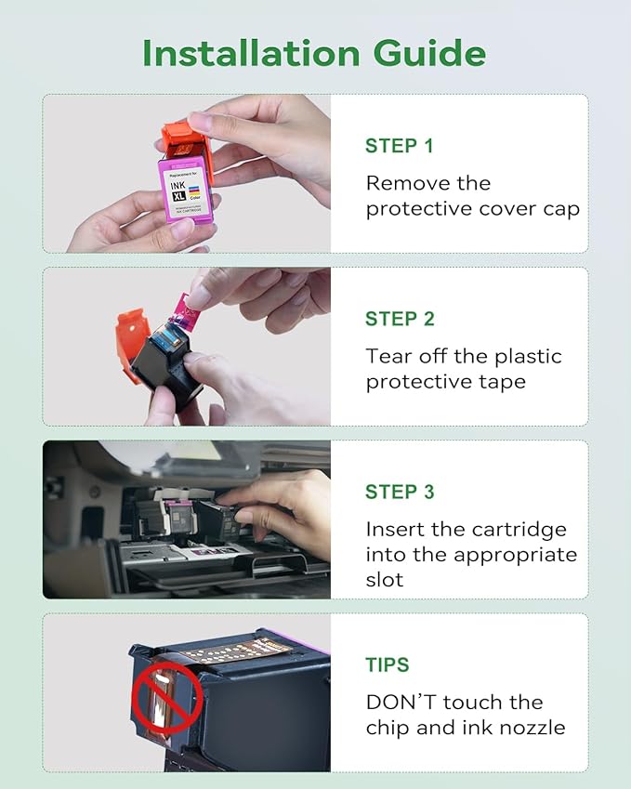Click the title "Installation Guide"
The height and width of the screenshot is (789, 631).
pyautogui.click(x=314, y=53)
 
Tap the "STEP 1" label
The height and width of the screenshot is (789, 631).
pyautogui.click(x=399, y=146)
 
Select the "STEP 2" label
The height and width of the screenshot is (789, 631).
pyautogui.click(x=400, y=319)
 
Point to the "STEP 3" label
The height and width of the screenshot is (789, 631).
pyautogui.click(x=400, y=492)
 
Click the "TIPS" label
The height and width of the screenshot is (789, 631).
pyautogui.click(x=387, y=664)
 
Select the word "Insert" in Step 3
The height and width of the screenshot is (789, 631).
pyautogui.click(x=394, y=529)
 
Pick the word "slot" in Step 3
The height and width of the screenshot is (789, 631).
pyautogui.click(x=385, y=579)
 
